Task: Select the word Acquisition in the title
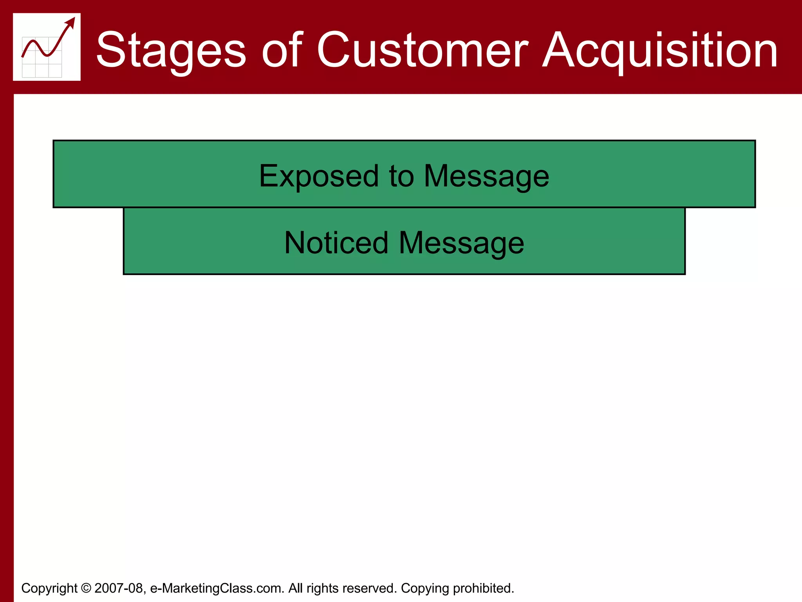click(x=660, y=50)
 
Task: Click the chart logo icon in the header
click(x=47, y=47)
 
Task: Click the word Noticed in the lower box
click(x=336, y=243)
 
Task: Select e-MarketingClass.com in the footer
click(x=217, y=588)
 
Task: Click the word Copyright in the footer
click(x=49, y=588)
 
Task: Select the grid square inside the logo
click(x=42, y=57)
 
